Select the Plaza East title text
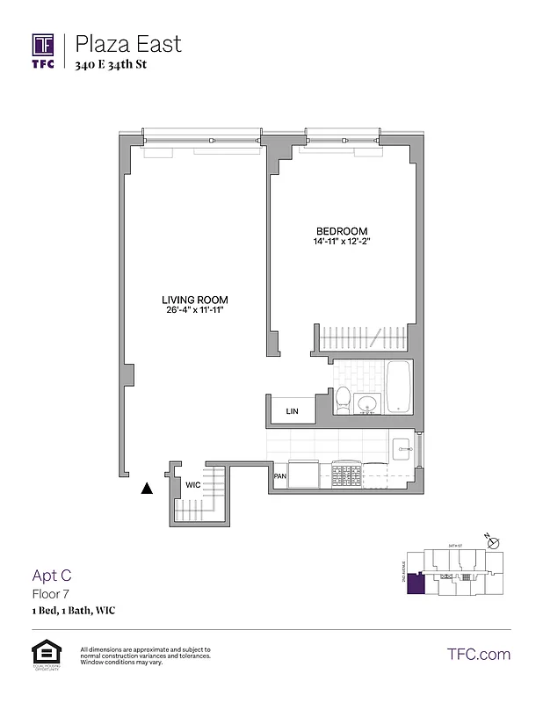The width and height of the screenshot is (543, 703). (128, 43)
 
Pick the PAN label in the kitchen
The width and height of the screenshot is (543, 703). (280, 476)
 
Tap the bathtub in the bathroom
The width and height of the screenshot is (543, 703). (398, 387)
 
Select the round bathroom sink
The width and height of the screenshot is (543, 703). (367, 404)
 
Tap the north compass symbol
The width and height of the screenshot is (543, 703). (492, 542)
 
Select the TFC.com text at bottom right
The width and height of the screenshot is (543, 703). (479, 654)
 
